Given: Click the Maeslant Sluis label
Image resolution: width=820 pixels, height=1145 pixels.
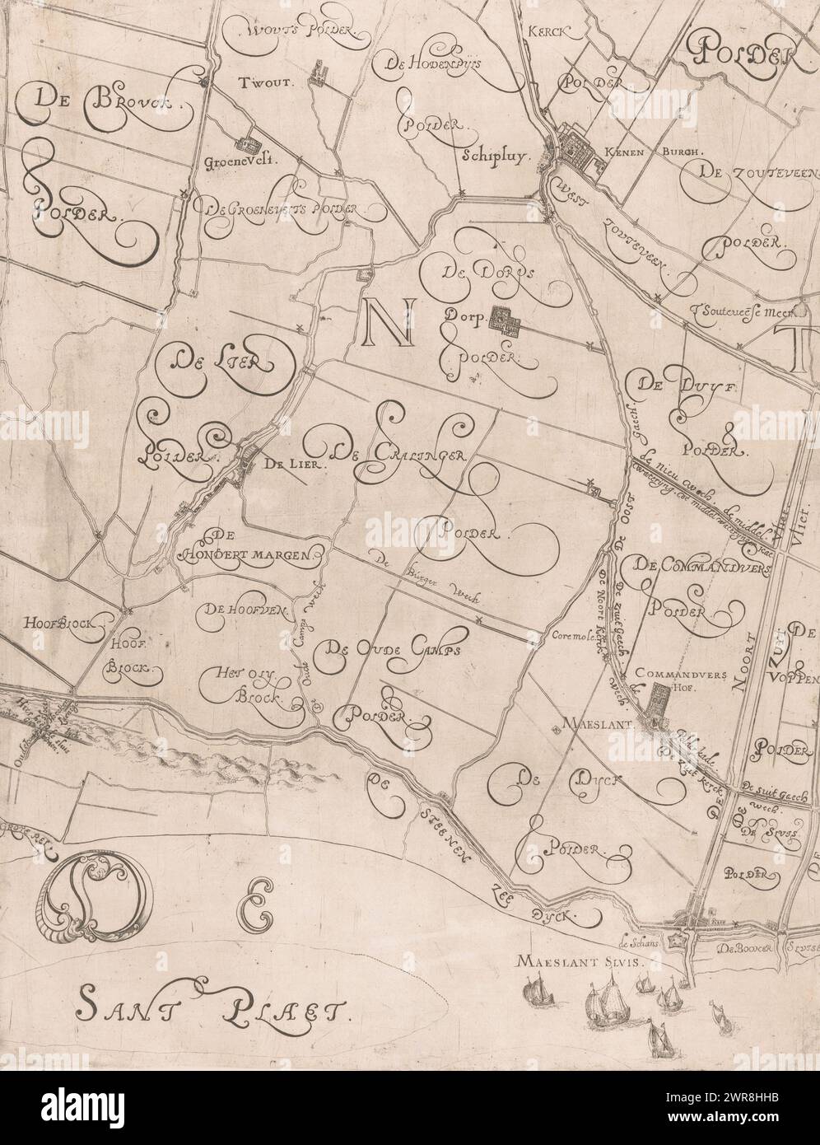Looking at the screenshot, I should click(574, 961).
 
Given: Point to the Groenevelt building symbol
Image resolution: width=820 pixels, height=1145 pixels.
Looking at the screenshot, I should click(245, 141).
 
